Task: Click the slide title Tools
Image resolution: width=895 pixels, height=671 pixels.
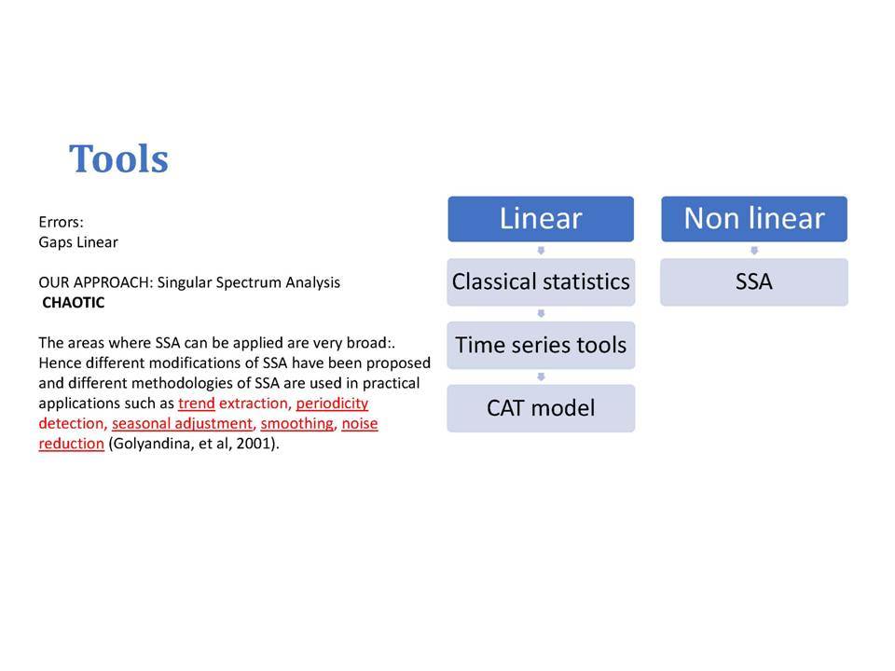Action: pos(118,158)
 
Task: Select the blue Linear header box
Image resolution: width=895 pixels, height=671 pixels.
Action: pos(541,218)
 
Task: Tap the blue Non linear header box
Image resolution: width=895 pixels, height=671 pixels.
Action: pos(754,218)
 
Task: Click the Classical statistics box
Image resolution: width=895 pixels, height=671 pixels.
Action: pos(541,281)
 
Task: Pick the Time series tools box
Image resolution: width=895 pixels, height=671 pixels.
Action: pos(541,345)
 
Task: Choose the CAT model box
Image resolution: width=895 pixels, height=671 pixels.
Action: pos(541,408)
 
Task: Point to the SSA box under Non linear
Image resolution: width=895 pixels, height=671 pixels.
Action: pos(754,281)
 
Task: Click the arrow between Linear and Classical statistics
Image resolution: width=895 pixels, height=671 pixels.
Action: pos(541,251)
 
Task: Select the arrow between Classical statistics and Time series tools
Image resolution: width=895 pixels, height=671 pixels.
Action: pos(541,314)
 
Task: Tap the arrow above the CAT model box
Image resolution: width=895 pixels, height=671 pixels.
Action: pos(541,377)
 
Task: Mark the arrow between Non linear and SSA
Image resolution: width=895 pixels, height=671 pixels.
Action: pos(754,251)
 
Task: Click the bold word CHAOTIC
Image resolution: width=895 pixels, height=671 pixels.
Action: pos(74,302)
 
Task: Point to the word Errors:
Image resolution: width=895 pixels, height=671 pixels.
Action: pos(62,222)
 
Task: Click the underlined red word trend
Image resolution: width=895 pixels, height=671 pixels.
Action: pos(197,404)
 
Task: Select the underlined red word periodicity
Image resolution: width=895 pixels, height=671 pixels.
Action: pos(332,404)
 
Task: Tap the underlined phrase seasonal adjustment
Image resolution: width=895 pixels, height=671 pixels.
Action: pos(182,424)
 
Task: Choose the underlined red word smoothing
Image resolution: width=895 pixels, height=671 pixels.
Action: pos(297,424)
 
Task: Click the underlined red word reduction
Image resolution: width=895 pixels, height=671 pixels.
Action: pos(72,444)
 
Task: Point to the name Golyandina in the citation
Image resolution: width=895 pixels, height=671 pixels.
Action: pos(150,444)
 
